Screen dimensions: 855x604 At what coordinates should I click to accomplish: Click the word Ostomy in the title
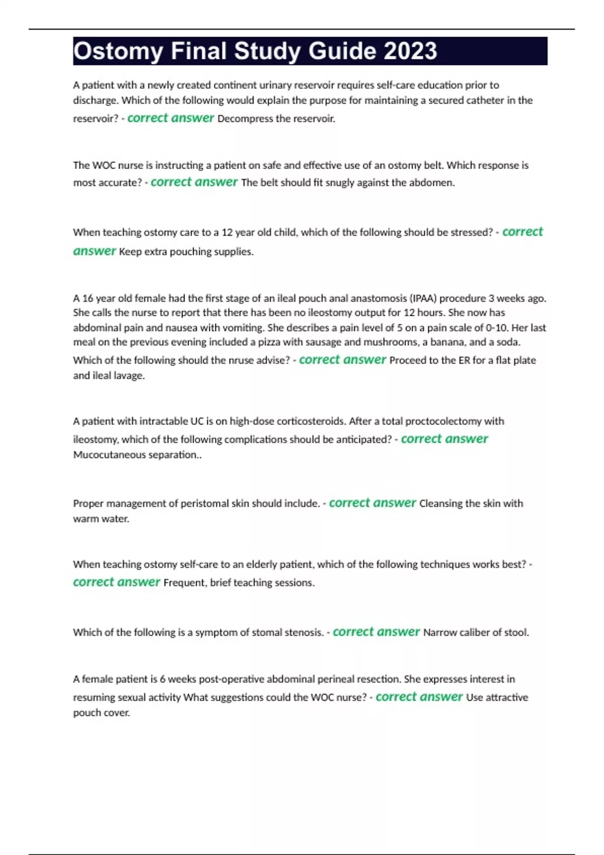point(118,51)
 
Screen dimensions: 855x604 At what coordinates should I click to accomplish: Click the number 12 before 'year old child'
point(227,232)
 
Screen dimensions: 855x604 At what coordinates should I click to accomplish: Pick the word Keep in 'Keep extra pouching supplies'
point(130,251)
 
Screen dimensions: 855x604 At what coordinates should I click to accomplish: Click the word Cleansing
point(439,503)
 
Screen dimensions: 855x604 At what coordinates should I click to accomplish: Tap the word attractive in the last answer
point(507,697)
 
